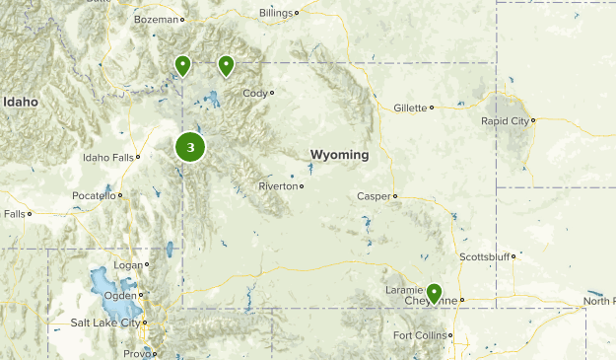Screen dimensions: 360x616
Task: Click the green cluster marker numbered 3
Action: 190,148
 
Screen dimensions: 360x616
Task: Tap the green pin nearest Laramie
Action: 434,293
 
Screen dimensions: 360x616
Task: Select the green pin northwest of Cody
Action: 227,66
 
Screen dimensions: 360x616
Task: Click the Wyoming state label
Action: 339,155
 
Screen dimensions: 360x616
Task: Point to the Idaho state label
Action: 19,102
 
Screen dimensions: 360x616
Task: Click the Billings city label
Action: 276,13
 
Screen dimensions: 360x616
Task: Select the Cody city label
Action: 255,93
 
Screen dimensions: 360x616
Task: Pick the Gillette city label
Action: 409,108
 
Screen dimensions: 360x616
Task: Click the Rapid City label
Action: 505,120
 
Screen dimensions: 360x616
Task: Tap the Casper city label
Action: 374,196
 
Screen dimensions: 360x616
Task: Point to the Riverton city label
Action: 277,185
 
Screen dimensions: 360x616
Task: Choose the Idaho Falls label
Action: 107,157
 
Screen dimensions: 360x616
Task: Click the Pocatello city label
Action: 94,195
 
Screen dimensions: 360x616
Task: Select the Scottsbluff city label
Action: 485,256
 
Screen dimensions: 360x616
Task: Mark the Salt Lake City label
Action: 105,323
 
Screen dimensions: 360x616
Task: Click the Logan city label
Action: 128,264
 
